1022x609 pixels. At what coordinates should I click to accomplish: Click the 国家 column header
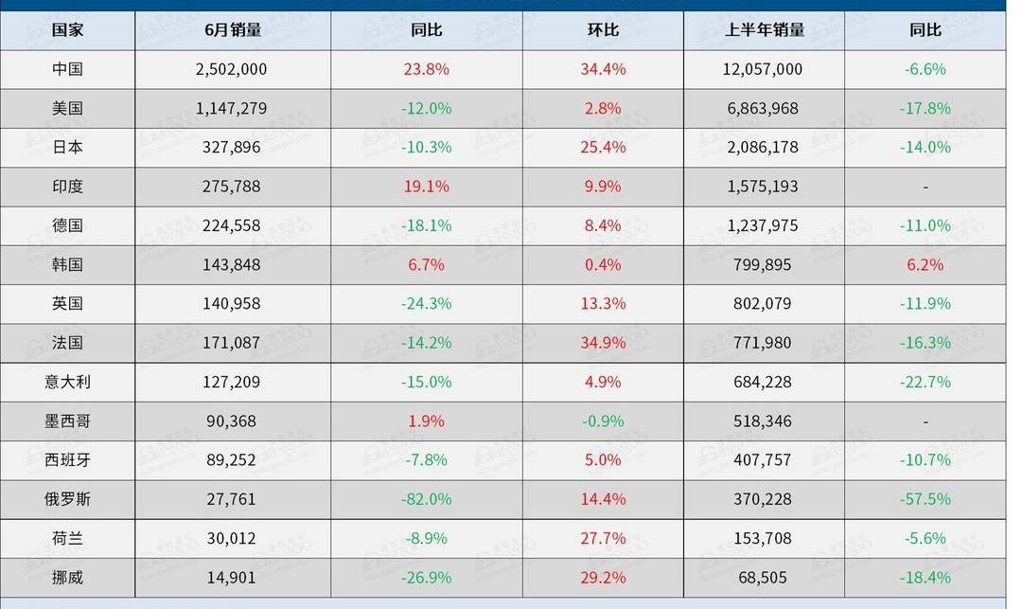pyautogui.click(x=67, y=30)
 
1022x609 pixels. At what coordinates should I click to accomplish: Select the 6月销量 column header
pyautogui.click(x=233, y=30)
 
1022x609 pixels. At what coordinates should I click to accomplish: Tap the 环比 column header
pyautogui.click(x=603, y=30)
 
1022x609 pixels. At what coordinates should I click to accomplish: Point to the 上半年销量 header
pyautogui.click(x=764, y=30)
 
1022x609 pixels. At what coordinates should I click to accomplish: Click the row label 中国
pyautogui.click(x=67, y=69)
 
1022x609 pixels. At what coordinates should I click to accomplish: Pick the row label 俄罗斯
pyautogui.click(x=67, y=499)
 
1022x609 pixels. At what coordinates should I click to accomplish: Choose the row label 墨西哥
pyautogui.click(x=67, y=421)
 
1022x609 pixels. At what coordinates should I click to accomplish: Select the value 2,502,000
pyautogui.click(x=232, y=69)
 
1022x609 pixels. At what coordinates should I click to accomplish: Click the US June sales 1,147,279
pyautogui.click(x=232, y=109)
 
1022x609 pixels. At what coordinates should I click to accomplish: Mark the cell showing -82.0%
pyautogui.click(x=426, y=499)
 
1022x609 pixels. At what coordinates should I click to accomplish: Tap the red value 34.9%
pyautogui.click(x=603, y=343)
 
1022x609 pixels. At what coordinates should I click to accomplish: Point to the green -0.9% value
pyautogui.click(x=603, y=421)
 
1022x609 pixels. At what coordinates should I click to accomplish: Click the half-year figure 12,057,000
pyautogui.click(x=763, y=69)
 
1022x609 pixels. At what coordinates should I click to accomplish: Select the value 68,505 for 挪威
pyautogui.click(x=763, y=578)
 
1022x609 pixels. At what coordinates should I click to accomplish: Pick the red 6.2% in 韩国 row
pyautogui.click(x=925, y=265)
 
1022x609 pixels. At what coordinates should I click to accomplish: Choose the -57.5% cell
pyautogui.click(x=925, y=499)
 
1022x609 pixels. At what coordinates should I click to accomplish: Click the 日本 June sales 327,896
pyautogui.click(x=232, y=148)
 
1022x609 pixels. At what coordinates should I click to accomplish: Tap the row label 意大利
pyautogui.click(x=67, y=383)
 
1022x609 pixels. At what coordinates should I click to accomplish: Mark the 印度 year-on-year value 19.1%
pyautogui.click(x=426, y=187)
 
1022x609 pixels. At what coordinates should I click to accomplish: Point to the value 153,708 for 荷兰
pyautogui.click(x=763, y=539)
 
